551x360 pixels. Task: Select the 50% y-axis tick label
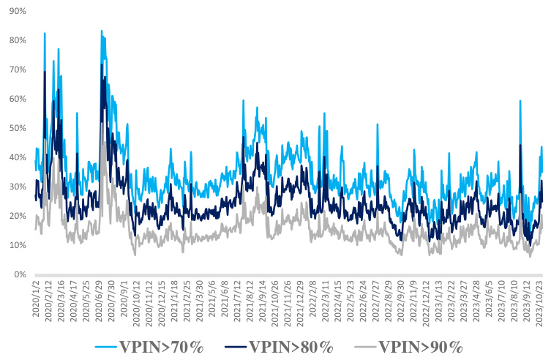[x=15, y=128]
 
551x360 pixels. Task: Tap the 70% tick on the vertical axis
[x=15, y=70]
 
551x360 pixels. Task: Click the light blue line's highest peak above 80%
[x=102, y=31]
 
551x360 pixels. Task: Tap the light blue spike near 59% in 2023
[x=520, y=101]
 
